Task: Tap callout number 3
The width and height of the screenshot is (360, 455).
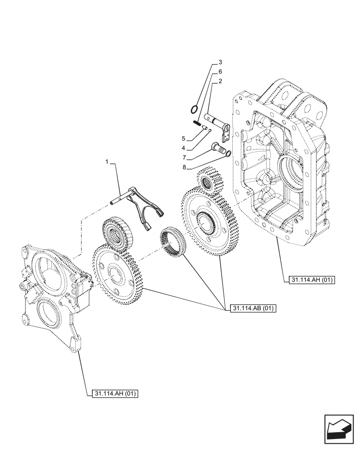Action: click(220, 62)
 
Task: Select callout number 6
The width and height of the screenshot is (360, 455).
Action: click(220, 72)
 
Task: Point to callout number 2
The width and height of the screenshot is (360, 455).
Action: click(220, 81)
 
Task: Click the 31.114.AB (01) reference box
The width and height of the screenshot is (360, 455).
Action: click(254, 308)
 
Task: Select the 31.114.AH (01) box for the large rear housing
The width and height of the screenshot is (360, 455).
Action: click(311, 280)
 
